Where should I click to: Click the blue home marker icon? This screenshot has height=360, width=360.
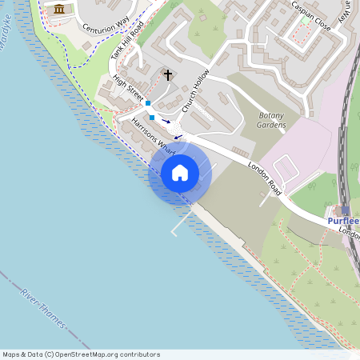180,173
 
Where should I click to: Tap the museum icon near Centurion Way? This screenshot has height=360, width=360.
58,9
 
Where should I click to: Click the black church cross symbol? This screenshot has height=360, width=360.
168,74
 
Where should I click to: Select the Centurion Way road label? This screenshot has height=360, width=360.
102,33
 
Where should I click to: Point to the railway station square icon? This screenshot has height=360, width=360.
345,210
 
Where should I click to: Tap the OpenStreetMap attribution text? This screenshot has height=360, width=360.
81,354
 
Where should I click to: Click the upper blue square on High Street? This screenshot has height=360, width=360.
148,103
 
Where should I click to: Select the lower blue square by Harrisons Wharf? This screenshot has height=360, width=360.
152,117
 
